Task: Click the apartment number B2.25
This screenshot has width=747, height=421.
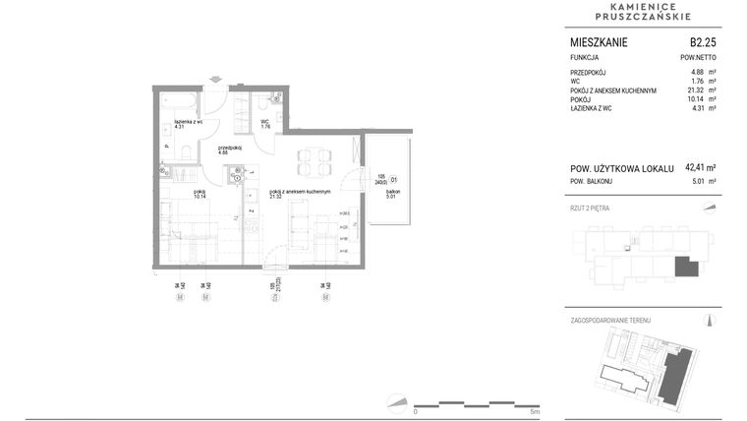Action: coord(702,42)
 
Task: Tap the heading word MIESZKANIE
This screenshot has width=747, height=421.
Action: coord(599,42)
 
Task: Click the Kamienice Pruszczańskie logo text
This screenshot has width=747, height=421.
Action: coord(644,11)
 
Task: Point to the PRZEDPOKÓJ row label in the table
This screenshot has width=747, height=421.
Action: coord(590,73)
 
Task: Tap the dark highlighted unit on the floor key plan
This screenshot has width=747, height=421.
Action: coord(685,266)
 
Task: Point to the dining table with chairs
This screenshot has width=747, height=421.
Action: coord(314,160)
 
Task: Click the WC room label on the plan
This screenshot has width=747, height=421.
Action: coord(265,123)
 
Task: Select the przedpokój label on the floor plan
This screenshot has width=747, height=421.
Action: coord(230,149)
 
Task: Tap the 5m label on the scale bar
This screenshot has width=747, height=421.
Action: coord(534,411)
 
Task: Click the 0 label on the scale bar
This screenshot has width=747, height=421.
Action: coord(416,411)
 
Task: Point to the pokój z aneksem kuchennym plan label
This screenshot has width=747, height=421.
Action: coord(299,192)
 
